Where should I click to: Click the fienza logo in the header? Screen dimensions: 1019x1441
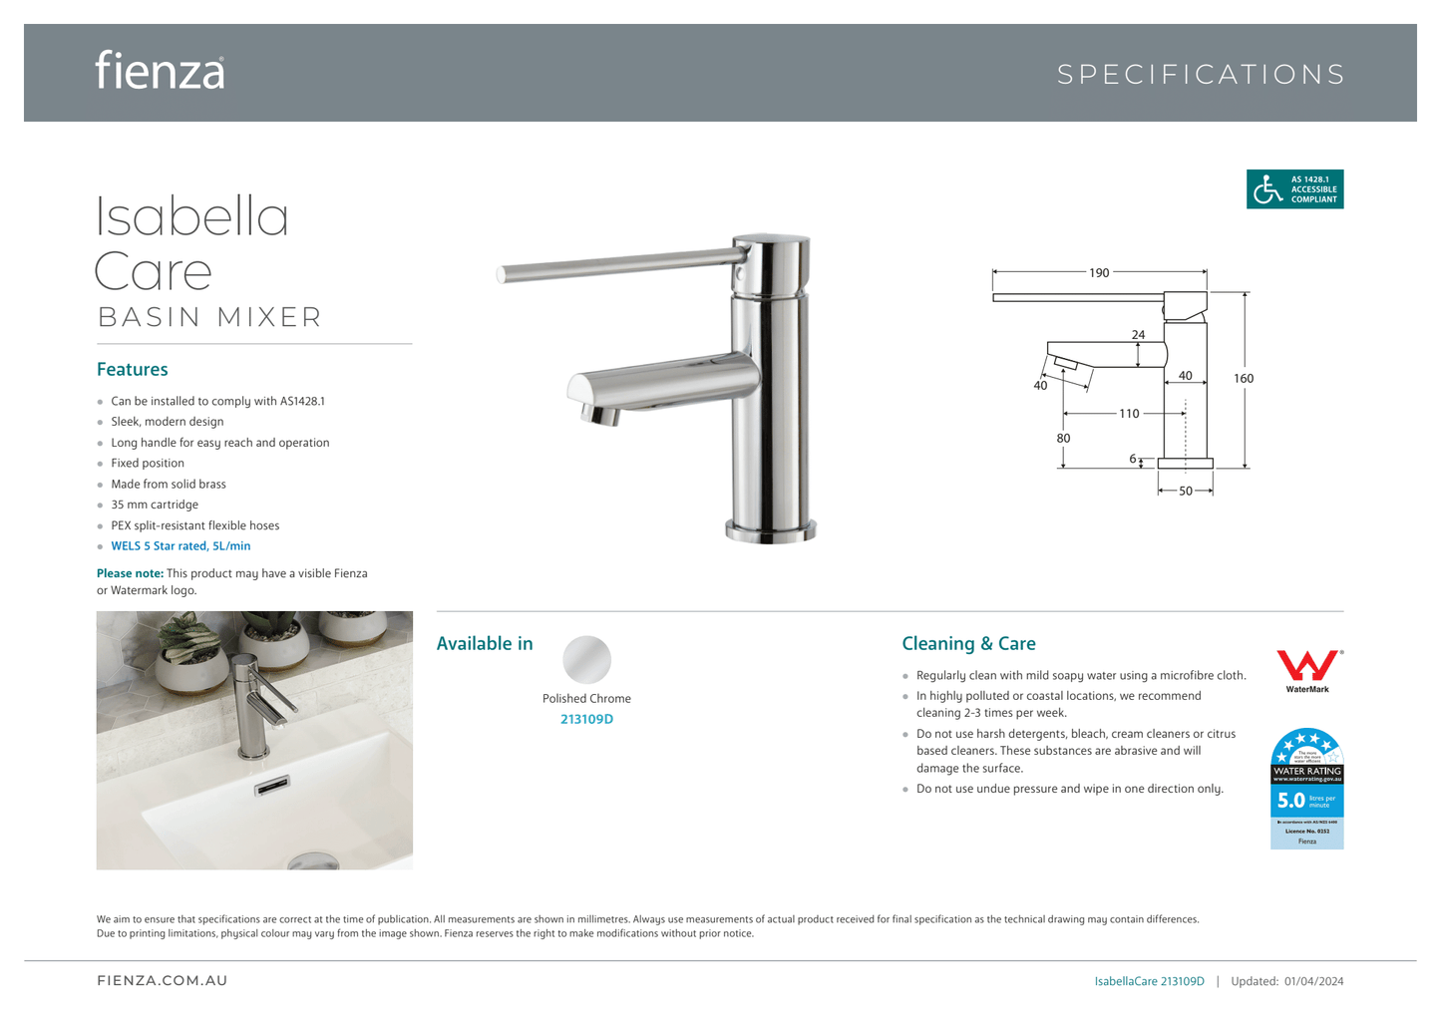[x=160, y=72]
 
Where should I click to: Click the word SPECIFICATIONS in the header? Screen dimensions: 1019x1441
[x=1201, y=75]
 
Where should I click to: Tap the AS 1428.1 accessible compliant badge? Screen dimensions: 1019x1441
[x=1294, y=189]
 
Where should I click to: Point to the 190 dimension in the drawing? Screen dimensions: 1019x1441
[x=1099, y=273]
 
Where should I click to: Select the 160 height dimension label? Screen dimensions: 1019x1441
[x=1244, y=379]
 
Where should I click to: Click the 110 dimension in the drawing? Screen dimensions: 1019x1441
[x=1129, y=414]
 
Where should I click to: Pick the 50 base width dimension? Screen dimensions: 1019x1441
[x=1186, y=492]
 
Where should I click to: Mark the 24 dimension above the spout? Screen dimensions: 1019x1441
[x=1139, y=335]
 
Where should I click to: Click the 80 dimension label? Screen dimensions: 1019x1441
[x=1063, y=439]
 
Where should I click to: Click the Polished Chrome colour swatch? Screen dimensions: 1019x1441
[x=586, y=659]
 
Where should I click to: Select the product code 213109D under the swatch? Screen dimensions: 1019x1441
[x=586, y=720]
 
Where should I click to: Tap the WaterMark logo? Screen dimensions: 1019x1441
[x=1307, y=670]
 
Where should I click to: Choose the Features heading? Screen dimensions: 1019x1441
[x=133, y=370]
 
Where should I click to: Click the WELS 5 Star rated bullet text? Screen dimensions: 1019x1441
[x=180, y=546]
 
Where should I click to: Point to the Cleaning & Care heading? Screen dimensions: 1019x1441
[x=968, y=644]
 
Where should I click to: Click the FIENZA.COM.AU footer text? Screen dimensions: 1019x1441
[x=163, y=981]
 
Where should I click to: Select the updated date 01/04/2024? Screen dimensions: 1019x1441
[x=1313, y=982]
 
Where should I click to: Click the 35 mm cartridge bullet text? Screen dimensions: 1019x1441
[x=155, y=505]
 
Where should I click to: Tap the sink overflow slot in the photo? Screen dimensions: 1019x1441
[x=272, y=786]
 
